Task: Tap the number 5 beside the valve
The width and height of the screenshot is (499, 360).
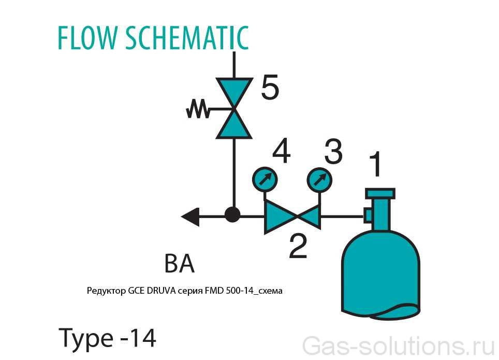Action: click(x=270, y=88)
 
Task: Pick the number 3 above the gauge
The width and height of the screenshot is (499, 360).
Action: click(x=333, y=151)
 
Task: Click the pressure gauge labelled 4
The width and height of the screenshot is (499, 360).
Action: click(x=264, y=180)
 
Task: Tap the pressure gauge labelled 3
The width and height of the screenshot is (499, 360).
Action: click(x=319, y=180)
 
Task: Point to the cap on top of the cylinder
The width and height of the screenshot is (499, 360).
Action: click(x=380, y=193)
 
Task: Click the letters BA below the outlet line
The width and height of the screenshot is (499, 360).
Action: click(x=180, y=264)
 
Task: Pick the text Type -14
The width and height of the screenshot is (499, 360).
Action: click(x=108, y=338)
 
